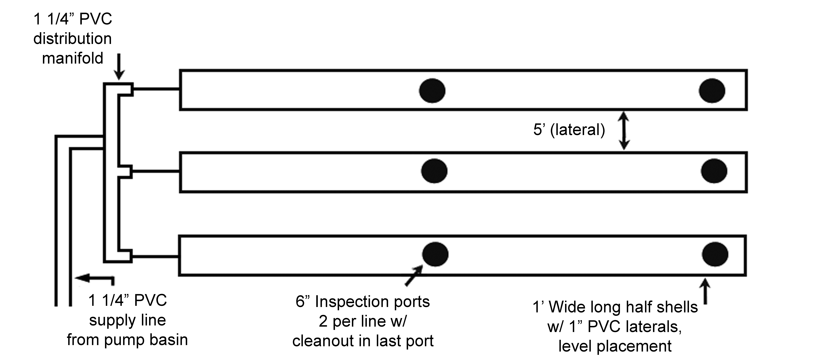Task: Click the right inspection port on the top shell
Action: pyautogui.click(x=712, y=91)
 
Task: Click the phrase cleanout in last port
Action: pyautogui.click(x=363, y=341)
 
